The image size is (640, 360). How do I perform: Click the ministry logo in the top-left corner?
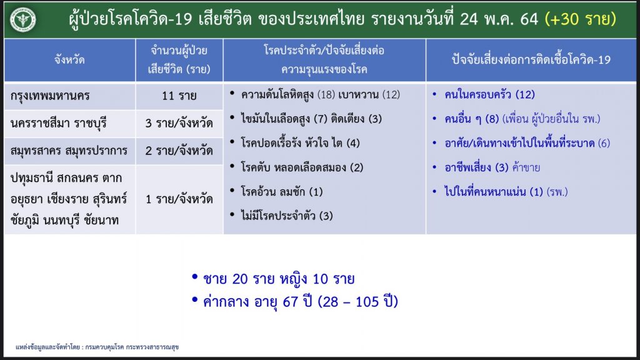point(23,19)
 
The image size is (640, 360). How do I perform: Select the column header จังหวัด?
point(69,59)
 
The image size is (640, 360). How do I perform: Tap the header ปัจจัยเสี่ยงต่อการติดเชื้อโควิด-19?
point(531,59)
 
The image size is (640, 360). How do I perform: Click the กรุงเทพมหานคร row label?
point(50,96)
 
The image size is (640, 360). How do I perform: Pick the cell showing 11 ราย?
point(179,96)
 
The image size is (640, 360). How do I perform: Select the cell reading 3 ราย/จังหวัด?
point(179,123)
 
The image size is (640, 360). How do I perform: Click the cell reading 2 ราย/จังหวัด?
point(179,151)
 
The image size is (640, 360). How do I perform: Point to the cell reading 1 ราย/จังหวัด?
point(179,199)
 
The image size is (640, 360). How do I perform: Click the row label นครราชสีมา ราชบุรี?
point(58,123)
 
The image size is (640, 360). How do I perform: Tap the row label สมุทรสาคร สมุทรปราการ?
point(69,151)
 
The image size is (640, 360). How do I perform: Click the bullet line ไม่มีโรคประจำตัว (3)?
point(286,216)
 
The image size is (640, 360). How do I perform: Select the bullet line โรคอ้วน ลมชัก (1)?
point(282,191)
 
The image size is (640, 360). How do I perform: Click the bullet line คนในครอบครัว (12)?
point(489,95)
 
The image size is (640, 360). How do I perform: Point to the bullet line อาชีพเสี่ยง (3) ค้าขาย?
point(492,167)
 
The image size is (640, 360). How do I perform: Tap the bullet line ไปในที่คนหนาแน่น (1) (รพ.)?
point(506,191)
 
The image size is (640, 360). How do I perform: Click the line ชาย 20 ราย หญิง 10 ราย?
point(279,279)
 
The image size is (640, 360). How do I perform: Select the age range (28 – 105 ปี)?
point(357,302)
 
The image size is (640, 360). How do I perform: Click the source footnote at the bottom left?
point(97,347)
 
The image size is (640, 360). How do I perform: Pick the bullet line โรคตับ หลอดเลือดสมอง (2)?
point(302,167)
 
